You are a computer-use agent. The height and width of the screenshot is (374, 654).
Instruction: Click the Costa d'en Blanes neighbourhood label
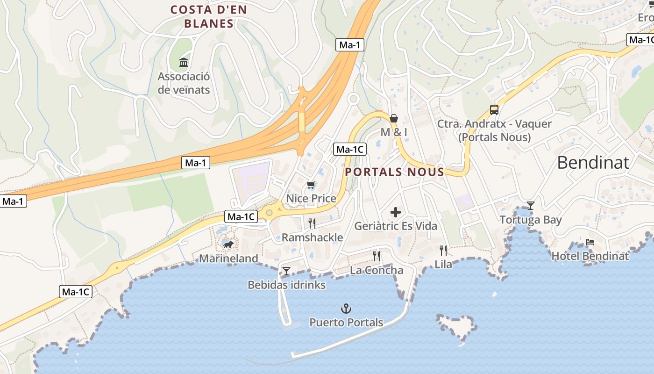[208, 16]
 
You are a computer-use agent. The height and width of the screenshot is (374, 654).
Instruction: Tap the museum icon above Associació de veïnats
[184, 62]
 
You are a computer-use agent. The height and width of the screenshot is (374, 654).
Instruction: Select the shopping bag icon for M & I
[394, 118]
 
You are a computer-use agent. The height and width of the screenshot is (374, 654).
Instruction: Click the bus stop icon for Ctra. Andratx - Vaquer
[494, 110]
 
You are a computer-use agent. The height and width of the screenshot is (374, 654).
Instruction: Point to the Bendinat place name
[593, 162]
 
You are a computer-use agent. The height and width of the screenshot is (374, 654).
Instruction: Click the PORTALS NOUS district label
[394, 172]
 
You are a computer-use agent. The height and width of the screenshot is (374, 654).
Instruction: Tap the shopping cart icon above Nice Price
[311, 185]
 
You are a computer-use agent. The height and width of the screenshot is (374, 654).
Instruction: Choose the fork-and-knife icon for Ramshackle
[312, 223]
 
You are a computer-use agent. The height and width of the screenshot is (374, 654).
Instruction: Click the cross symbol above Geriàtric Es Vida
[396, 213]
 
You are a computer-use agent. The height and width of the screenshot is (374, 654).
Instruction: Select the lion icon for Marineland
[228, 245]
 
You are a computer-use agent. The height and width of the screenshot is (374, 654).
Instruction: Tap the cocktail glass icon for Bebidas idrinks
[286, 271]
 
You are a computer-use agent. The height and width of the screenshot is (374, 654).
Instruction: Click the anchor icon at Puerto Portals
[346, 309]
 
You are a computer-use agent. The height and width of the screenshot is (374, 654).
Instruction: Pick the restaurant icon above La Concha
[377, 256]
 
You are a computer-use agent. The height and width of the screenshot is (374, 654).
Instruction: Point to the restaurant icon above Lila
[443, 250]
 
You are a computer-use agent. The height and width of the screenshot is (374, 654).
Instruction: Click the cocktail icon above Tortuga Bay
[531, 205]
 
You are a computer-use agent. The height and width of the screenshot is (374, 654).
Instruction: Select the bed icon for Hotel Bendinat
[590, 242]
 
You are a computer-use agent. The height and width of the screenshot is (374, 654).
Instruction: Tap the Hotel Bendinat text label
[590, 256]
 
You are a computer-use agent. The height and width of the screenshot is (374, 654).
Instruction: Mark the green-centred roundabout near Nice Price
[269, 213]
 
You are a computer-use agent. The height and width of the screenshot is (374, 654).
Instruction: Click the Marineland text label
[228, 259]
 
